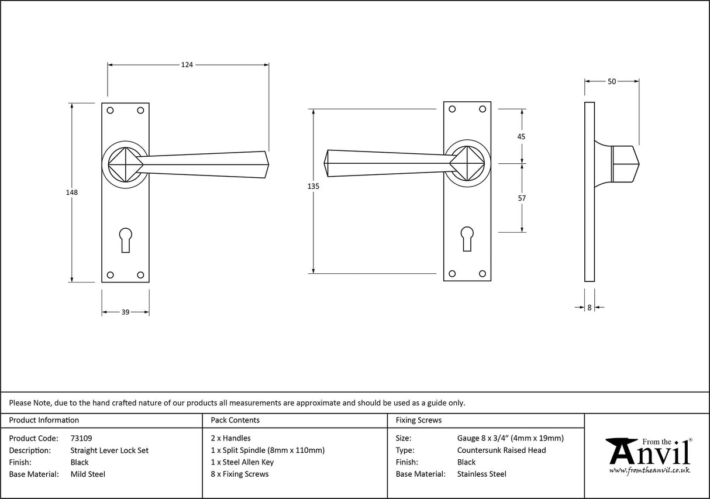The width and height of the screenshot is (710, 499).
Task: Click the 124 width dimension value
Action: pos(187,65)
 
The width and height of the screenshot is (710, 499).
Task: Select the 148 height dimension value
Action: pos(72,192)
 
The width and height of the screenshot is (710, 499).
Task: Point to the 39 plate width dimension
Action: pos(125,312)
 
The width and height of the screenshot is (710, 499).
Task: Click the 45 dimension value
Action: pos(522,136)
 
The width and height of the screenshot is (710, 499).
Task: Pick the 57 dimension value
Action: pos(522,198)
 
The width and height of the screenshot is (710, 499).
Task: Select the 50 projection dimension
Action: pos(612,82)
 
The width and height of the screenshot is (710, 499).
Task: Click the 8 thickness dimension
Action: pos(590,307)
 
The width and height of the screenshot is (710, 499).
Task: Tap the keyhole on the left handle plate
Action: pos(125,239)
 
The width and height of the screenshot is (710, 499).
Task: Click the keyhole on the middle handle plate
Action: pos(467,238)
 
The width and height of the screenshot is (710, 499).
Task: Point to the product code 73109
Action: pos(81,438)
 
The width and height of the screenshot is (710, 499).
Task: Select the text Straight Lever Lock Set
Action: pos(109,450)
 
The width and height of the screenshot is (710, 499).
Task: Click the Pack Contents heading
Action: pos(235,420)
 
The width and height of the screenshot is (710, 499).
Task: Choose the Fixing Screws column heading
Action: pos(419,420)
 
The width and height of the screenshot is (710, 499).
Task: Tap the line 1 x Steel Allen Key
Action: pos(242,462)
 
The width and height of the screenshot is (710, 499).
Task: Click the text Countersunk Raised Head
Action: pos(501,450)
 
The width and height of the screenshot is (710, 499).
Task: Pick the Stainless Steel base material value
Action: pos(482,474)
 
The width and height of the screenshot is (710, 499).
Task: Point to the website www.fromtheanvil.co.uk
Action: pos(649,470)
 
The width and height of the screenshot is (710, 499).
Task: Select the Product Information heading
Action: pos(44,420)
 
